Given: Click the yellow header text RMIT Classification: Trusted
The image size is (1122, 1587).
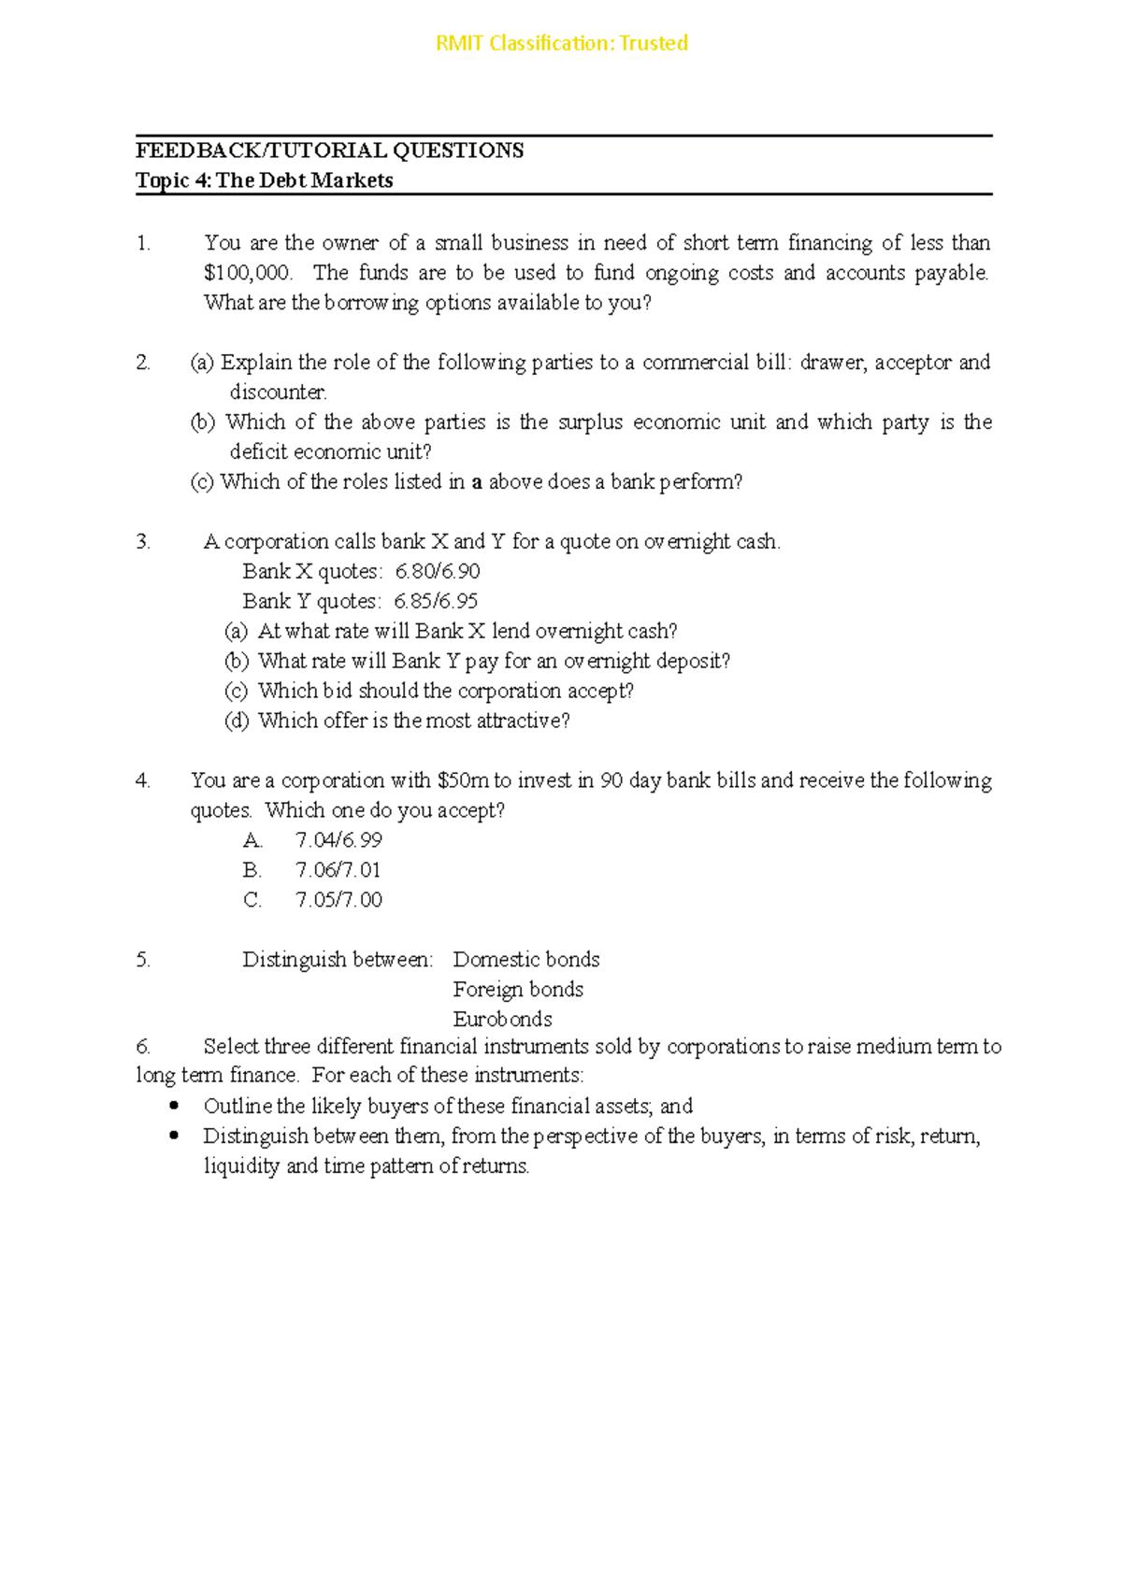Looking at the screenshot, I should [562, 43].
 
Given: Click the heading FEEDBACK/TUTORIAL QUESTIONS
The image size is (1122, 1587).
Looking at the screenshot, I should [329, 150].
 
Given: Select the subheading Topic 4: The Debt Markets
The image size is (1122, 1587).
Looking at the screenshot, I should [264, 180].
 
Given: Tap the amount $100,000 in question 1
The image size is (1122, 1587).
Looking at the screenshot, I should [247, 273].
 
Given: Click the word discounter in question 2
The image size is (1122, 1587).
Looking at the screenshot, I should [278, 393].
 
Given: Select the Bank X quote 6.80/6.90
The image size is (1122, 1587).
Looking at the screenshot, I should [438, 571].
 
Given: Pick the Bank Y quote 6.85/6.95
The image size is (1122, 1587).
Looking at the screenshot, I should [436, 601].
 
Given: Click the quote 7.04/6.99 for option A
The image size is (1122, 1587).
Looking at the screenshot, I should [338, 840].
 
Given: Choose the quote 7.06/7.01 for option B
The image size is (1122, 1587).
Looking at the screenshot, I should [338, 870].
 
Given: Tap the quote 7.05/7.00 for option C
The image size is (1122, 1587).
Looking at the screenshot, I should [338, 900].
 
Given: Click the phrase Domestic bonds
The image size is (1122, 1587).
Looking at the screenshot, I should [526, 960].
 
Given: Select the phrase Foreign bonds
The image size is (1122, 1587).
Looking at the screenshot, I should [518, 990].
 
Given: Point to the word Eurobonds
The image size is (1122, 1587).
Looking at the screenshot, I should [502, 1019].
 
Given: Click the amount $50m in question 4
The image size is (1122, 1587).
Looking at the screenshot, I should [462, 780].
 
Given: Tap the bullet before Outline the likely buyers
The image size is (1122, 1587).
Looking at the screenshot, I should [173, 1107].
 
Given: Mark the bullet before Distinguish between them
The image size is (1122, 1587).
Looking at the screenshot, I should [173, 1137].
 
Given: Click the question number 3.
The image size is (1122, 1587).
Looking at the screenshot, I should [143, 542].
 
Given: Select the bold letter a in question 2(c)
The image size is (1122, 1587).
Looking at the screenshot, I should [477, 483].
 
